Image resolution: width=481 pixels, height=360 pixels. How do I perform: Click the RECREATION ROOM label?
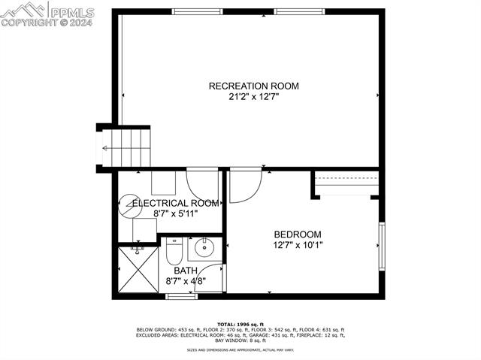pyautogui.click(x=253, y=86)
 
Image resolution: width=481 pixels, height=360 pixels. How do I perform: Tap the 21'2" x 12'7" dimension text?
pyautogui.click(x=253, y=96)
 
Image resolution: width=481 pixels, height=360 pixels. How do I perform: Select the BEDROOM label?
pyautogui.click(x=297, y=234)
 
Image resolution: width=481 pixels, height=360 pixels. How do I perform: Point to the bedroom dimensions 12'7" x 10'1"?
pyautogui.click(x=297, y=244)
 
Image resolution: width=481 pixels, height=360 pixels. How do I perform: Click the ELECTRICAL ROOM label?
pyautogui.click(x=176, y=203)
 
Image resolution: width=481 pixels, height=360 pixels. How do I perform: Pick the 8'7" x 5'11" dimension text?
pyautogui.click(x=176, y=213)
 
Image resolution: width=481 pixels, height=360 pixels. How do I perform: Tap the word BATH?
pyautogui.click(x=186, y=271)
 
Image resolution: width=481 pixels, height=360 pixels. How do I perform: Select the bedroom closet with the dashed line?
pyautogui.click(x=346, y=184)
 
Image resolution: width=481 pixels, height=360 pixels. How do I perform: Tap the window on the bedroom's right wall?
pyautogui.click(x=381, y=247)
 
